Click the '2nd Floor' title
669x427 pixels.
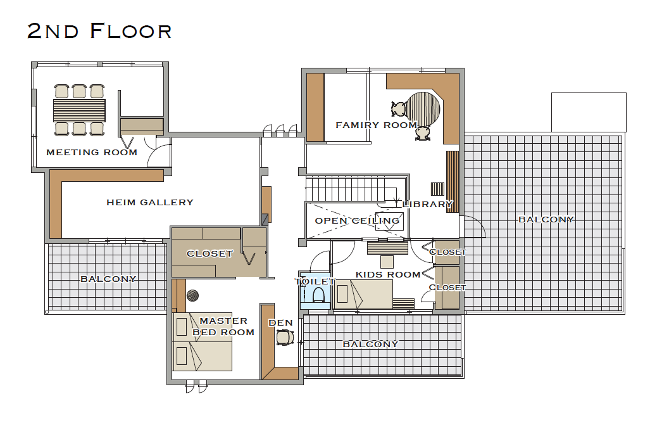pos(99,31)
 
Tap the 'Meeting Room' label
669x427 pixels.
pos(92,153)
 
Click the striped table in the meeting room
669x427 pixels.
pos(79,111)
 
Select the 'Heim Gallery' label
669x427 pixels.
pos(150,202)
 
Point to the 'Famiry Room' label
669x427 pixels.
pos(376,125)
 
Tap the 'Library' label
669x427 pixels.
pos(427,205)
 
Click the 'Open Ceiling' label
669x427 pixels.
pos(357,220)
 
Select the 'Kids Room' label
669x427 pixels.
pos(388,274)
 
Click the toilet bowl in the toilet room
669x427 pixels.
pos(318,295)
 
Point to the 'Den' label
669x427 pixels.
pos(281,323)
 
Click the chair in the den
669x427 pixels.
pos(285,338)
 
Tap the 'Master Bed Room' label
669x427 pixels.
pos(223,326)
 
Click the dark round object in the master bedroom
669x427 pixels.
pos(192,295)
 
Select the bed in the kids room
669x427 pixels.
pos(363,294)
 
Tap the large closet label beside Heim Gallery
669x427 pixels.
pos(209,253)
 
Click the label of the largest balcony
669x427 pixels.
pos(546,219)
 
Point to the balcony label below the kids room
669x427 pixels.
pos(370,344)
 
